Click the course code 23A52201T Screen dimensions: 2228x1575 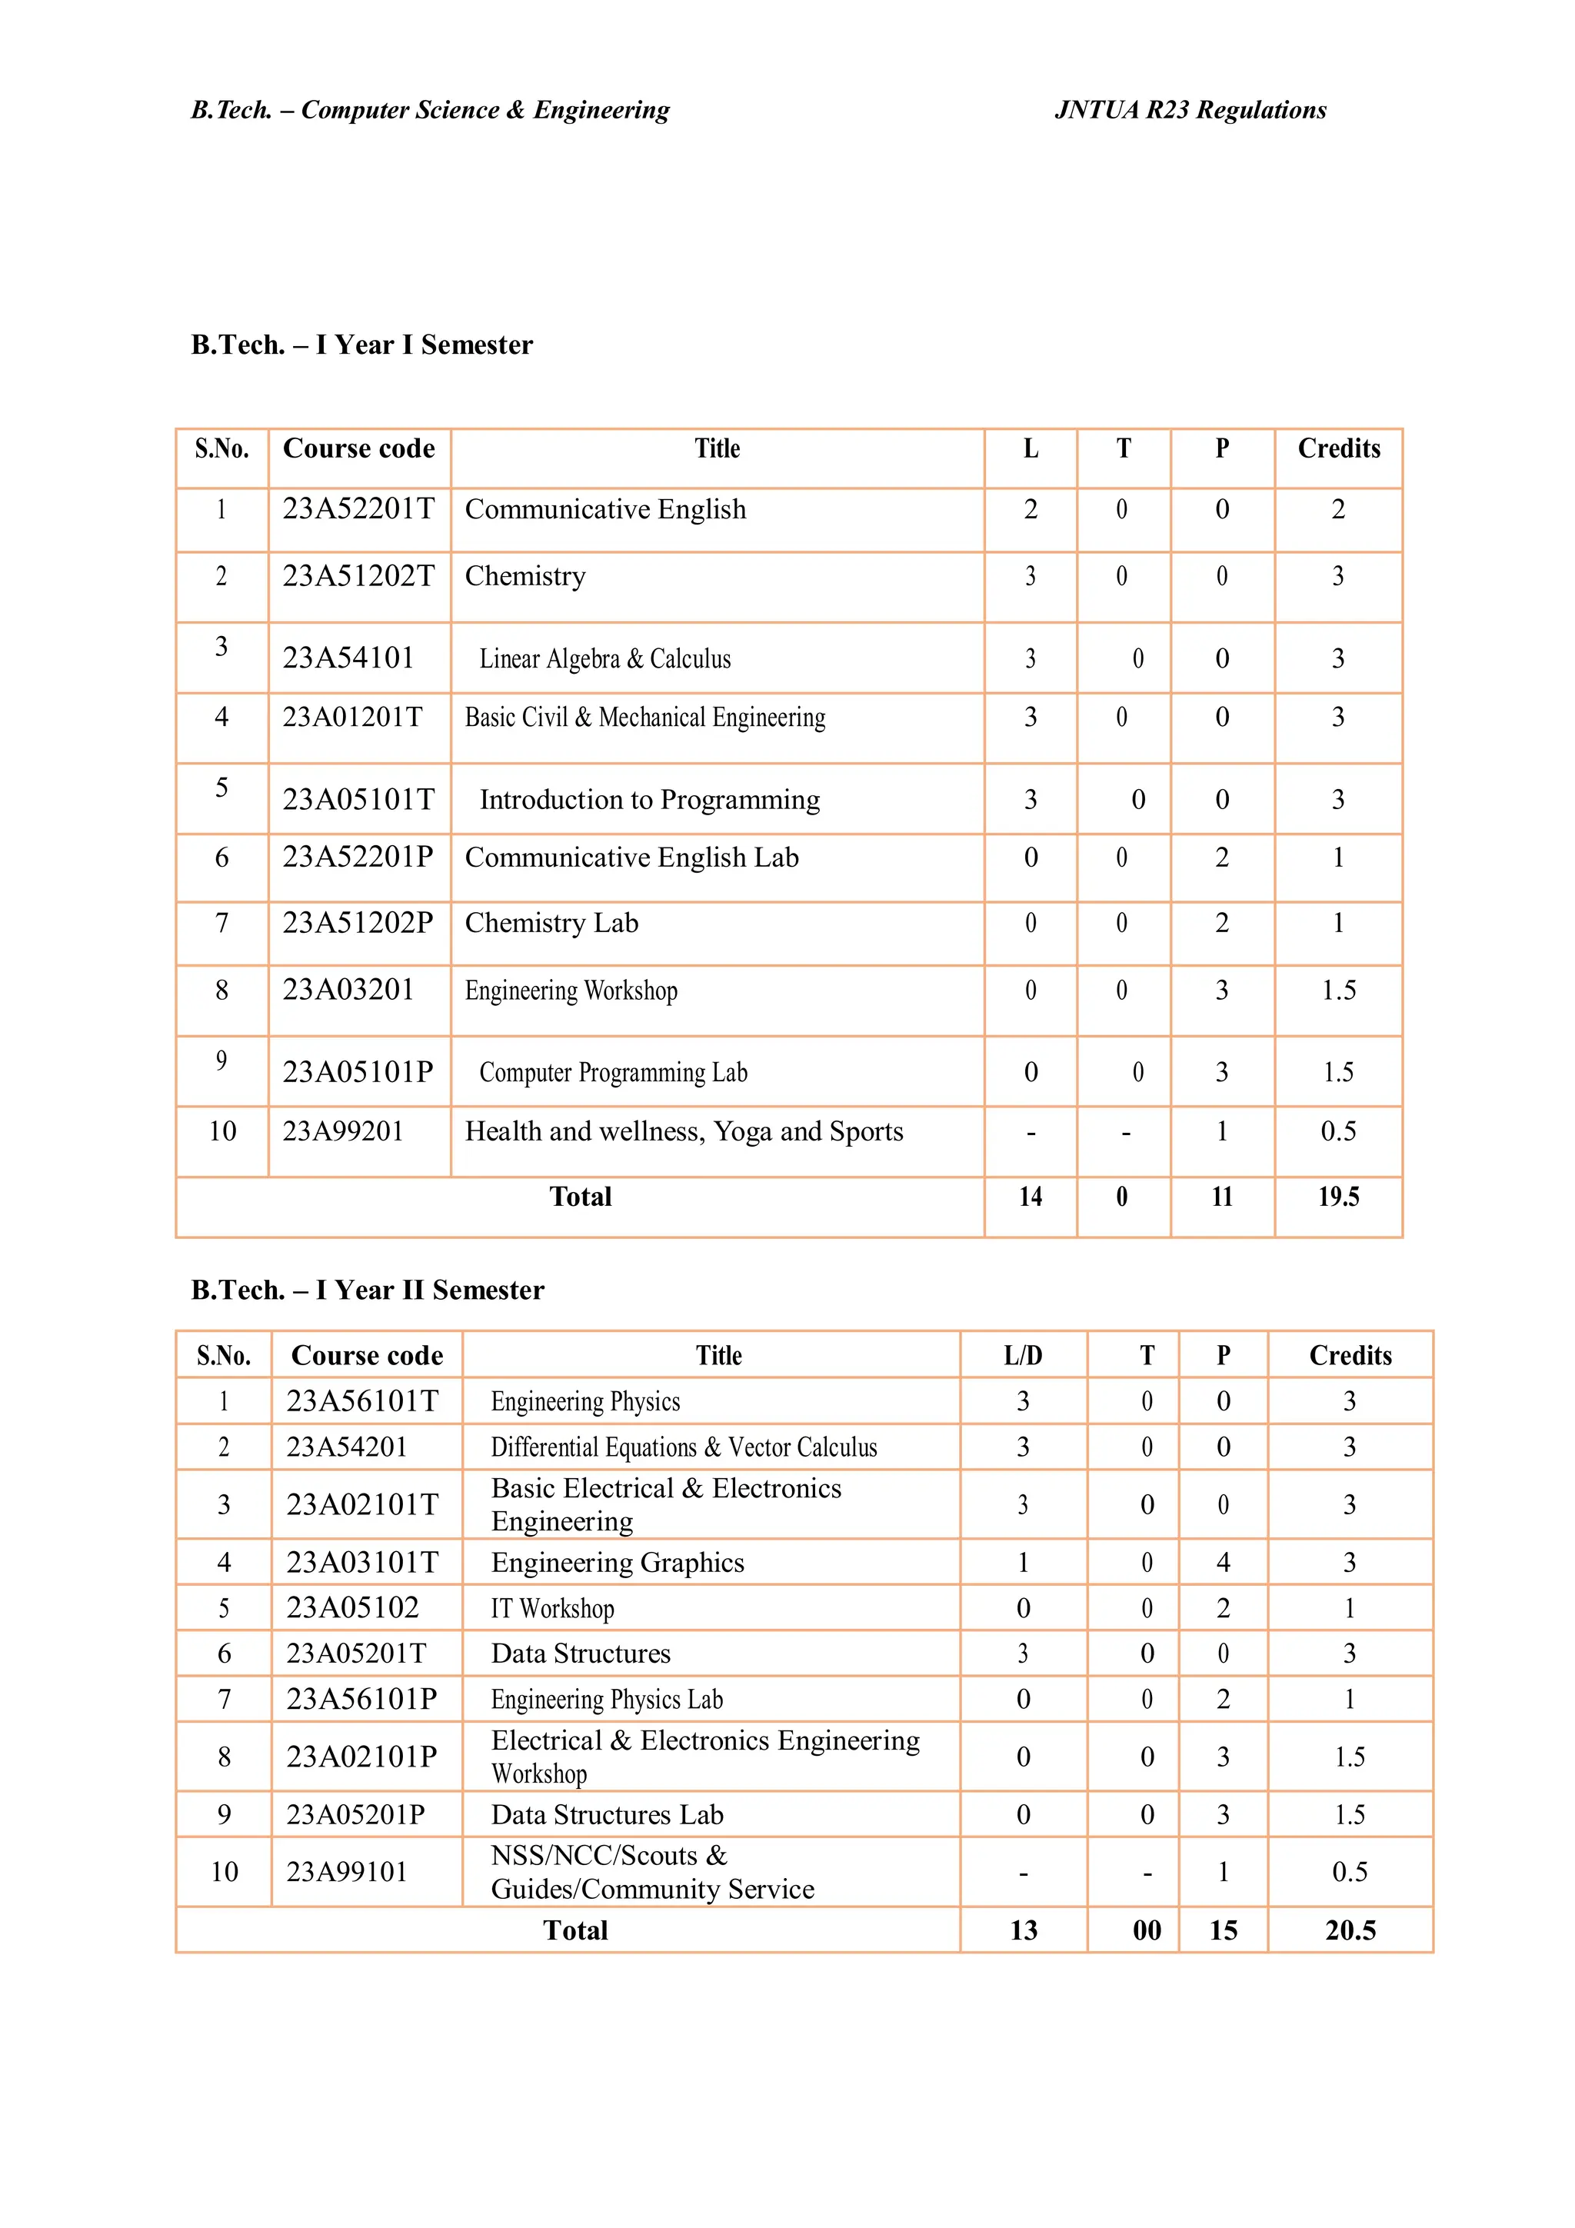358,508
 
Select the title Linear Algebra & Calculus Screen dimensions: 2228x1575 604,659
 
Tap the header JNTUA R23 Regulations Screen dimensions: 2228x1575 1190,110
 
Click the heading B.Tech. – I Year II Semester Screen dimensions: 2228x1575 367,1290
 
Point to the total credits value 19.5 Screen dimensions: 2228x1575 1337,1197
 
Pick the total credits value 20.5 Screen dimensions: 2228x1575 1349,1930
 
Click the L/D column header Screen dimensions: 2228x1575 1022,1356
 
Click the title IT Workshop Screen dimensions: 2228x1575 552,1609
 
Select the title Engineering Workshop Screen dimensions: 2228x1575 571,991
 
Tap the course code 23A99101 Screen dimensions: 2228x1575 346,1872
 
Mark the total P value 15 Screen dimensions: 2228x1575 1223,1930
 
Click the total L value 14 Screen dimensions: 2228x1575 1030,1197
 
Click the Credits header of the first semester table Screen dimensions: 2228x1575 1338,448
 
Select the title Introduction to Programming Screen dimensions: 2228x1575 649,800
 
